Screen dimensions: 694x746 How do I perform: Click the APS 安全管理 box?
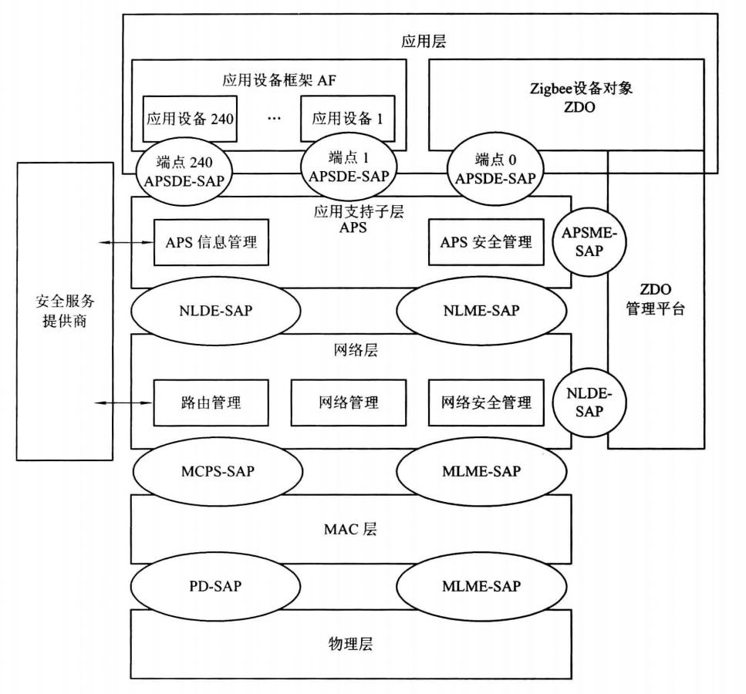click(x=486, y=241)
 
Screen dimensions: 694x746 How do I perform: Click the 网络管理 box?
click(x=347, y=402)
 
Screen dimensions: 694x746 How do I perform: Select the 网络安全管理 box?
click(x=486, y=402)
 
